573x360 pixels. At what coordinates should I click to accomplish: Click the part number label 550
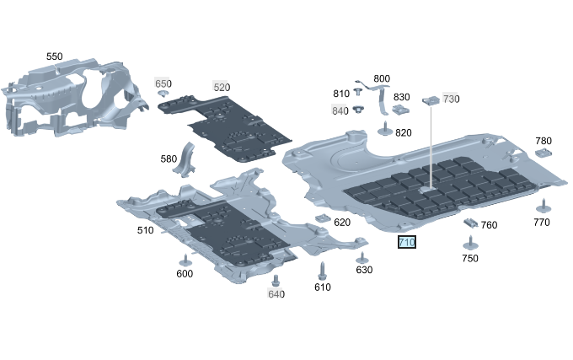tap(54, 56)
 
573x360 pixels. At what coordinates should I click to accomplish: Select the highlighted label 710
tap(407, 243)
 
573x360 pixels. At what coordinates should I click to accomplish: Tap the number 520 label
tap(221, 87)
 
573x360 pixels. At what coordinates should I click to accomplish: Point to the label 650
tap(163, 83)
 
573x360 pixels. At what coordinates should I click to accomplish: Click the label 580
tap(169, 159)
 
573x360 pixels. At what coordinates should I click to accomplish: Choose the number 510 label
tap(145, 230)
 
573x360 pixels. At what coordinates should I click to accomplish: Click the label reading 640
tap(276, 293)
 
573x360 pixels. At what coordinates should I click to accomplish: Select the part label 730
tap(451, 99)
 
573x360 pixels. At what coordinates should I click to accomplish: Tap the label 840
tap(340, 110)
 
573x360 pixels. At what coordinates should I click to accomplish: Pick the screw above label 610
tap(322, 271)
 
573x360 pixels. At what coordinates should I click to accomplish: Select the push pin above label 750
tap(470, 243)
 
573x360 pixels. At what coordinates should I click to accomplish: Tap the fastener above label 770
tap(541, 207)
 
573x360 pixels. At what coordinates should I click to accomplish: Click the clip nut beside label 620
tap(321, 219)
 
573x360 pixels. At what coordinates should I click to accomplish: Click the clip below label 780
tap(543, 153)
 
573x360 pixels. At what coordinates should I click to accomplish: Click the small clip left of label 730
tap(431, 99)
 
